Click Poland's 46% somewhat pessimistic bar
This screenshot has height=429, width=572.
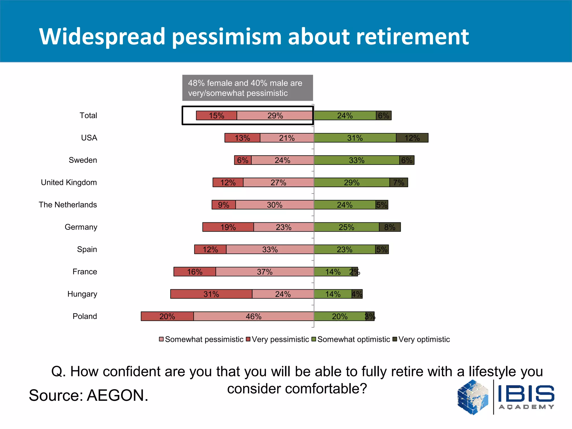(253, 316)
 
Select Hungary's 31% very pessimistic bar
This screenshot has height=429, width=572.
(211, 294)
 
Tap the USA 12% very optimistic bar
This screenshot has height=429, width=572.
(412, 138)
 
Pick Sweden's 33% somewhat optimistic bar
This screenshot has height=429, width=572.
(357, 160)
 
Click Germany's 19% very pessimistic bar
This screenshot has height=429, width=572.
(228, 227)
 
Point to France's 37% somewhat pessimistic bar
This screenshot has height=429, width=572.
(264, 271)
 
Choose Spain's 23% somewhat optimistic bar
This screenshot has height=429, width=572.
(344, 249)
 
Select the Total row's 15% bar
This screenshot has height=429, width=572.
(216, 115)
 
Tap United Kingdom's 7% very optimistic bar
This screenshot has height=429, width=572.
(399, 182)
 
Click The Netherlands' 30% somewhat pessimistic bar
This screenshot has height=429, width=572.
(275, 205)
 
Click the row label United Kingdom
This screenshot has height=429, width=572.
(69, 182)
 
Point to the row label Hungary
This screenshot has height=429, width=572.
(82, 294)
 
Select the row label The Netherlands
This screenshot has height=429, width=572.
(68, 205)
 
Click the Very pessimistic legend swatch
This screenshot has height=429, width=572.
(248, 339)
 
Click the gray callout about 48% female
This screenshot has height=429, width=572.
(247, 88)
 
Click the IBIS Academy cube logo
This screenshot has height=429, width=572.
(473, 397)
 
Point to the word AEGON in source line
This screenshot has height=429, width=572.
(117, 395)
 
